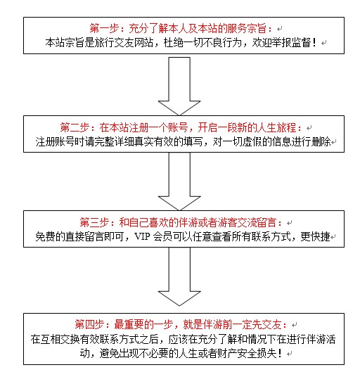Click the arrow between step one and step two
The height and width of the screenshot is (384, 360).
179,87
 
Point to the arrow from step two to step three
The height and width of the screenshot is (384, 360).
179,181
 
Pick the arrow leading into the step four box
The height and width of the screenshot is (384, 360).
179,276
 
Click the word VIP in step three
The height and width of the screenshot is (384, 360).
142,236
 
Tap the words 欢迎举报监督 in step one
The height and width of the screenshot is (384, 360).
281,43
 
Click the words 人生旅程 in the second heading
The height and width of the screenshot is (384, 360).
276,127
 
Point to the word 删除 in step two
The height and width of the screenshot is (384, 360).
321,141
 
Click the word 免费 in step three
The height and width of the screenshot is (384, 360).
45,236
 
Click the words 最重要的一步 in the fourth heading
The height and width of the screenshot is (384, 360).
143,324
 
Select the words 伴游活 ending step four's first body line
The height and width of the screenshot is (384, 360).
321,339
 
